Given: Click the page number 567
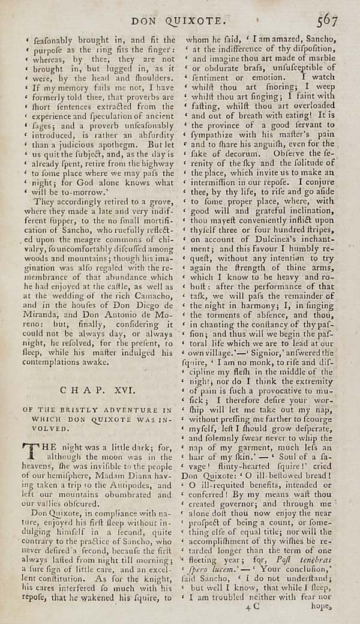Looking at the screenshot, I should (x=328, y=20).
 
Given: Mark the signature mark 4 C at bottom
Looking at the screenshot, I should (x=253, y=607).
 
